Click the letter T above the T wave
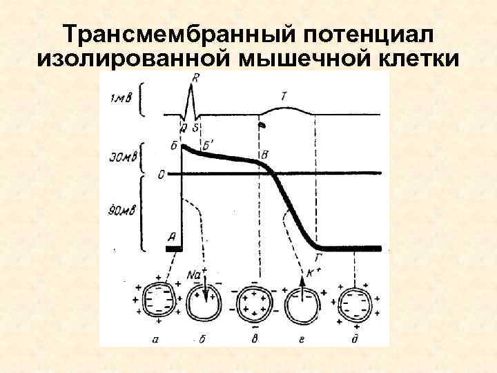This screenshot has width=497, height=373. (284, 96)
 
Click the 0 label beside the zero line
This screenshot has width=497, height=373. (160, 174)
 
